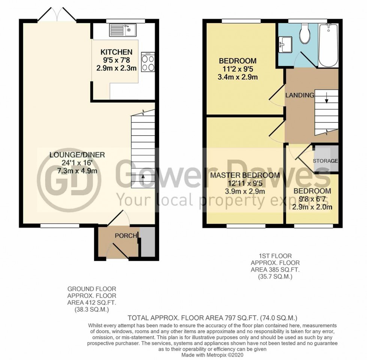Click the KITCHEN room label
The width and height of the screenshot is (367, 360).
116,52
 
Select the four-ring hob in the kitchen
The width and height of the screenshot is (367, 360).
148,63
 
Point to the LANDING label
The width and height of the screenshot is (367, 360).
300,96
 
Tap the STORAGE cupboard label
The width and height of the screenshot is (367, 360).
326,161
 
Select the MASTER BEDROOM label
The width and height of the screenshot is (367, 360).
245,175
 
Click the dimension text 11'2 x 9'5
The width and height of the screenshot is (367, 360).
238,69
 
